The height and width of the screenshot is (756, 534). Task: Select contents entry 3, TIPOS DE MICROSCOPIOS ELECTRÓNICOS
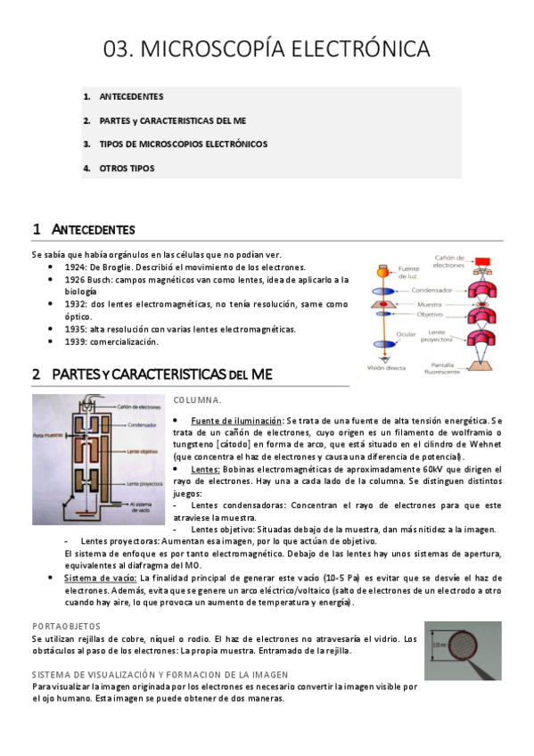(x=183, y=144)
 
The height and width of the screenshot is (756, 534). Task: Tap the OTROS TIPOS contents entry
(x=127, y=168)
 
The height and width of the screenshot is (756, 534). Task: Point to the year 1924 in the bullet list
(x=75, y=267)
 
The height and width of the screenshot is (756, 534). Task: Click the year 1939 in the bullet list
(x=75, y=341)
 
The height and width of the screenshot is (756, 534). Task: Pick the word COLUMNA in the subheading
(x=196, y=400)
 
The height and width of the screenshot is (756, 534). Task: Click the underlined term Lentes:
(x=205, y=469)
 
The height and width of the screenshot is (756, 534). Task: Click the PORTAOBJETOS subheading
(x=66, y=626)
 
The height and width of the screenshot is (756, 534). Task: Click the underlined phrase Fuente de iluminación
(x=235, y=420)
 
